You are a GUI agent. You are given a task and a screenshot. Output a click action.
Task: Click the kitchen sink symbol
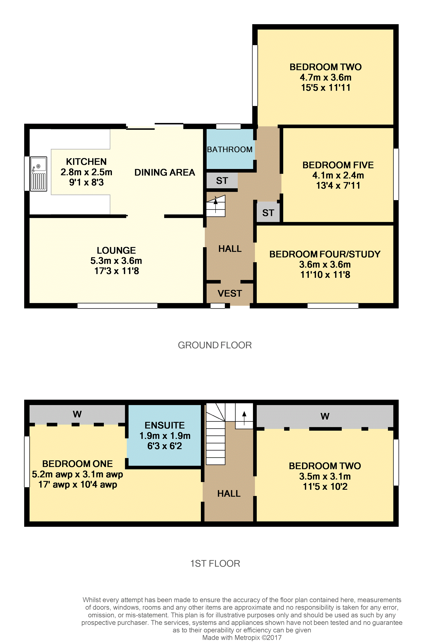tap(38, 174)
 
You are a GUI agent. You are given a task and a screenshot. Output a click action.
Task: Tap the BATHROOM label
tap(230, 149)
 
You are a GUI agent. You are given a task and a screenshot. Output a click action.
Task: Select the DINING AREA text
tap(165, 172)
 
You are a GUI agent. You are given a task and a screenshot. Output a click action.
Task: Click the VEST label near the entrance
tap(230, 293)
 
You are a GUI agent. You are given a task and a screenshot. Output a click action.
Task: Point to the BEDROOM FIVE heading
tap(338, 165)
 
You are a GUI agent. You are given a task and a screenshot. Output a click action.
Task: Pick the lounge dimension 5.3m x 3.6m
tap(116, 261)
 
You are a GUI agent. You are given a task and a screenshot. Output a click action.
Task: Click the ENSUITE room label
tap(165, 425)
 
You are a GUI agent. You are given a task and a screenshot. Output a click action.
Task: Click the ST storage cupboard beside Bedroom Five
tap(268, 213)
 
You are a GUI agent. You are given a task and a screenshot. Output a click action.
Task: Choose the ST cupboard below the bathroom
tap(222, 181)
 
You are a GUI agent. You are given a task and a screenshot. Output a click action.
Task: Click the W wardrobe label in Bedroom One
tap(77, 414)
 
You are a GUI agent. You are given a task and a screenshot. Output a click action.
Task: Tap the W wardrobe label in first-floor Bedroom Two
tap(325, 416)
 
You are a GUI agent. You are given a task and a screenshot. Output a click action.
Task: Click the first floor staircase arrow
tap(244, 418)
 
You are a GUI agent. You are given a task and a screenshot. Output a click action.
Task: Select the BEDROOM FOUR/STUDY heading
tap(325, 254)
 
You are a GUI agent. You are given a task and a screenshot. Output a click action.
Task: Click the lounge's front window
tap(117, 306)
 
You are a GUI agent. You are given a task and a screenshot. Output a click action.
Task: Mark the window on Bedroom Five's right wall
tap(396, 174)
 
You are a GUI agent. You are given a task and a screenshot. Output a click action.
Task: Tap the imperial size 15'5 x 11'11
tap(326, 88)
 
